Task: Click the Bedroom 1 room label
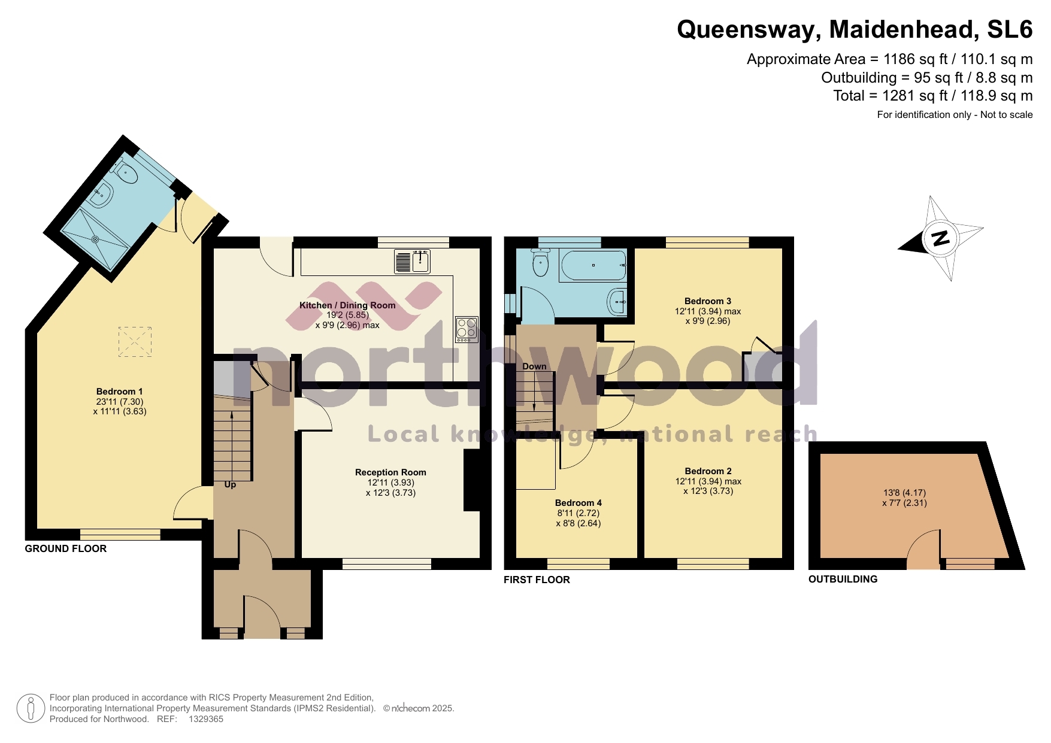coord(119,392)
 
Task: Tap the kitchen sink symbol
coord(412,261)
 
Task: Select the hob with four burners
coord(467,329)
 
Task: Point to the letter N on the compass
coord(941,238)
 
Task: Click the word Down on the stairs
coord(534,366)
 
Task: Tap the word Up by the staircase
coord(230,484)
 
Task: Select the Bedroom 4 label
coord(578,503)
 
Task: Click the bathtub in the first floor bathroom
coord(593,265)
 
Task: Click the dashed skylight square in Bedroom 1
coord(135,342)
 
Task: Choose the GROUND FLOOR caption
coord(66,548)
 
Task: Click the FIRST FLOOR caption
coord(537,580)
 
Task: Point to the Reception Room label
coord(390,472)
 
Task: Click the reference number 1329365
coord(206,719)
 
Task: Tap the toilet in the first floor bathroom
coord(541,264)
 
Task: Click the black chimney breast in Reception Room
coord(473,480)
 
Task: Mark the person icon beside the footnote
coord(31,708)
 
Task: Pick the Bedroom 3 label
coord(707,301)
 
